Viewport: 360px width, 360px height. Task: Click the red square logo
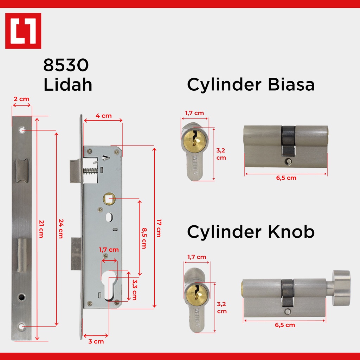(x=23, y=31)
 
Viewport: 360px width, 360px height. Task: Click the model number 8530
(x=66, y=65)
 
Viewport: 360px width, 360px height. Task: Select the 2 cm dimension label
(x=21, y=99)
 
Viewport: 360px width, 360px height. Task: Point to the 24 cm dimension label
(x=61, y=229)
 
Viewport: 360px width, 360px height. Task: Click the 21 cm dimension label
(x=41, y=229)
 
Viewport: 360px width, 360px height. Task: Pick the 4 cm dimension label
(x=104, y=116)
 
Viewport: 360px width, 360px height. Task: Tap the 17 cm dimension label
(x=159, y=228)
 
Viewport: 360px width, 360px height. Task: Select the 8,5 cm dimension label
(x=144, y=238)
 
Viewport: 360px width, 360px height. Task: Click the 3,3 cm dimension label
(x=135, y=290)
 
